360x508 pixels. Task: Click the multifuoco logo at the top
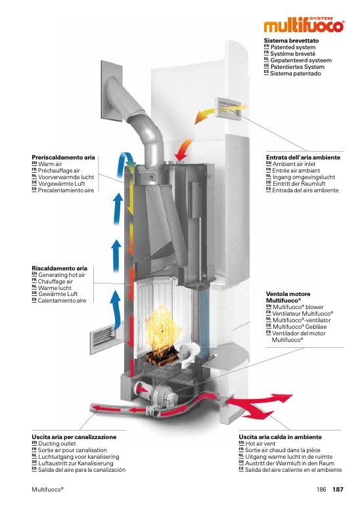(x=304, y=25)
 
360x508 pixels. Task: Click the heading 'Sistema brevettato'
(x=291, y=41)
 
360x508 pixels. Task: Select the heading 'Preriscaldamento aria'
(x=63, y=158)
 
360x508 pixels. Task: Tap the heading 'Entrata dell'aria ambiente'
(x=303, y=158)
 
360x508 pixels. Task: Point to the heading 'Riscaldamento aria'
(x=59, y=268)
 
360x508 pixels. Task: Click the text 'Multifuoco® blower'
(x=298, y=307)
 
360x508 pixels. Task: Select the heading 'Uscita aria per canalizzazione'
(x=74, y=437)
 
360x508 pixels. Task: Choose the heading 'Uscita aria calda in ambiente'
(x=281, y=437)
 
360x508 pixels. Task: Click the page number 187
(x=338, y=489)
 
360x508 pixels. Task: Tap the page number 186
(x=321, y=489)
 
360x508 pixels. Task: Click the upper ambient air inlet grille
(x=229, y=108)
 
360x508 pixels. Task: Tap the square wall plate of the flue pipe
(x=111, y=91)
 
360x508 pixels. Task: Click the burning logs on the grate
(x=162, y=356)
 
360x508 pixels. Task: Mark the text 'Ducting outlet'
(x=56, y=444)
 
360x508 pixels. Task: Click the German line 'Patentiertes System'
(x=298, y=67)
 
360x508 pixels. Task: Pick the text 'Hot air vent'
(x=260, y=444)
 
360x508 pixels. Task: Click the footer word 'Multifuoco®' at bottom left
(x=48, y=489)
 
